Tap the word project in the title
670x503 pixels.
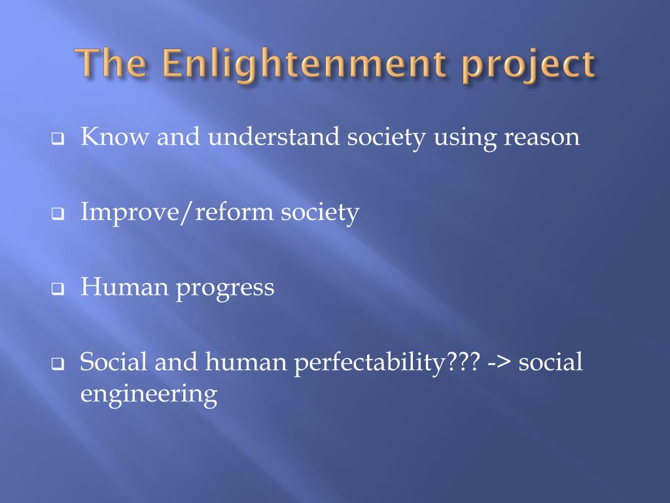pos(529,67)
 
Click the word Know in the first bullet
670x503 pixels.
pos(115,136)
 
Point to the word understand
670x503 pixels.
pos(274,136)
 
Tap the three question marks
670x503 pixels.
pos(463,362)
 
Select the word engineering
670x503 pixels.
pos(149,395)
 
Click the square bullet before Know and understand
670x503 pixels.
pos(58,139)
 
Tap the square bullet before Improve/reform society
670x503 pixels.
pos(58,214)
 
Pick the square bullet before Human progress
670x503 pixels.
pos(58,289)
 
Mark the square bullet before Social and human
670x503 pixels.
pos(58,363)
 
